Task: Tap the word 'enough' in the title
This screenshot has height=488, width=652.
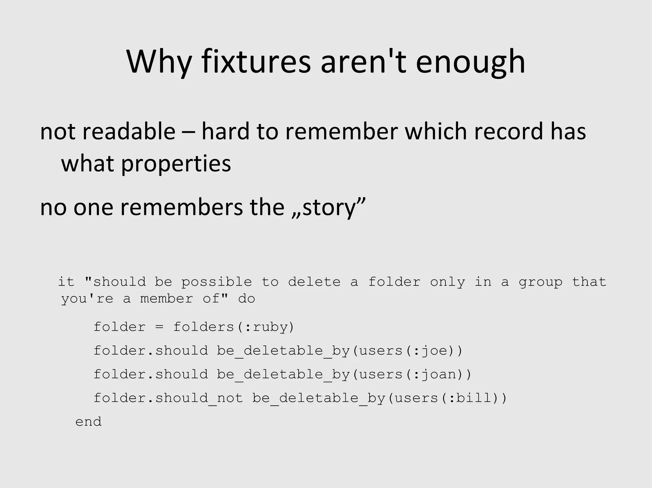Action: (471, 62)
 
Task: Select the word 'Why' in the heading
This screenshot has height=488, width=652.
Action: (159, 62)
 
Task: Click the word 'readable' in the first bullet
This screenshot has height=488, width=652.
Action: (129, 131)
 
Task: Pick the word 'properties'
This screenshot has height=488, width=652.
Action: (176, 164)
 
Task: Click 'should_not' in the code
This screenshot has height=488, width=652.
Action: (199, 398)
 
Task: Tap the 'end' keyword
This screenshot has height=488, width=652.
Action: (89, 422)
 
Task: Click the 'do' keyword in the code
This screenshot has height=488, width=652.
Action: (247, 299)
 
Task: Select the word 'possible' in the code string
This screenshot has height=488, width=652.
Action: (216, 282)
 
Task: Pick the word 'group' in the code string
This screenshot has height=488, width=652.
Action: (540, 282)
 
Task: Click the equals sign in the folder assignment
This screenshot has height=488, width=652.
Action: (159, 327)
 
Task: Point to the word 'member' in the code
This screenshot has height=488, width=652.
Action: (167, 299)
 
